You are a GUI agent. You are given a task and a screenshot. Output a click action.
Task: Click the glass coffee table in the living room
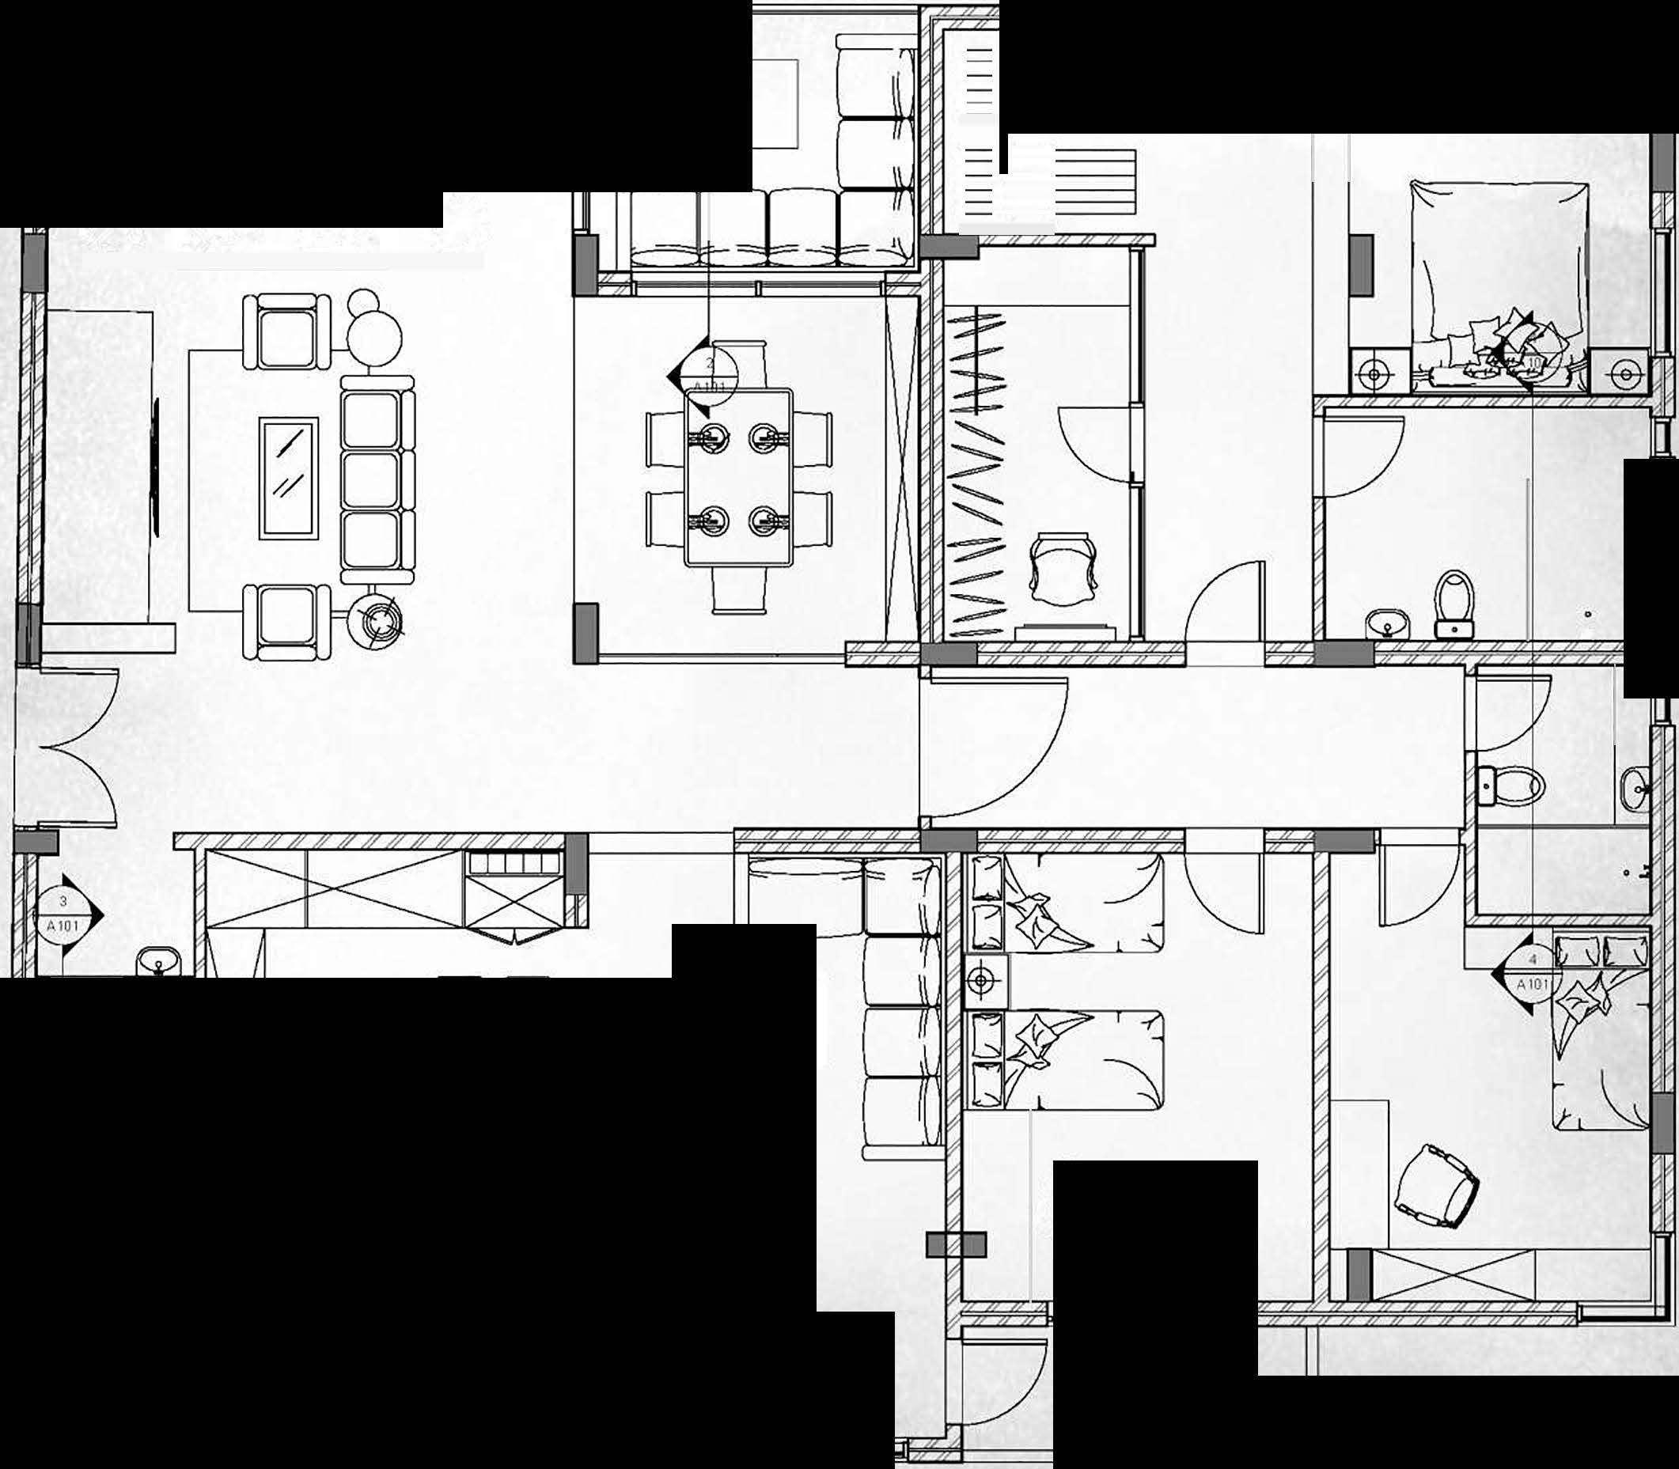click(x=289, y=479)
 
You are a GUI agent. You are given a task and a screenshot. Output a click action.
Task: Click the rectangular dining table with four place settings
click(x=739, y=477)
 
